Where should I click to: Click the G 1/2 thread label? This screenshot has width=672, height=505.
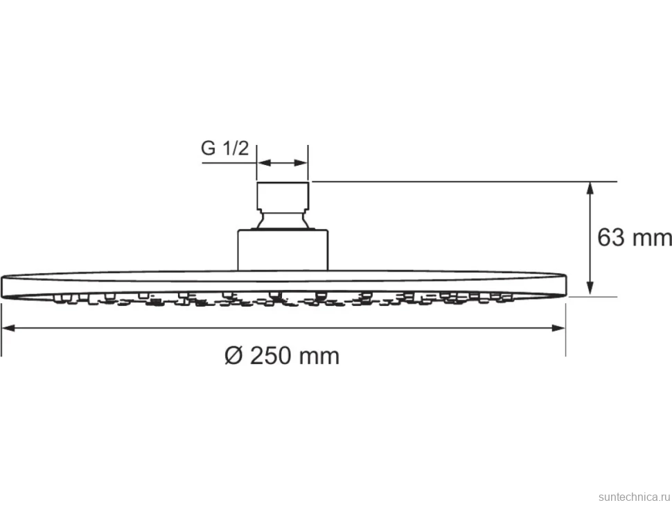(225, 148)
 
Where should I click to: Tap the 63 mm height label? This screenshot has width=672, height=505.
(635, 237)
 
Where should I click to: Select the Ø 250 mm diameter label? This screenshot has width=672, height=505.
(282, 356)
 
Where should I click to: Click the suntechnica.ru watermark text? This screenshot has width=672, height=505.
(634, 497)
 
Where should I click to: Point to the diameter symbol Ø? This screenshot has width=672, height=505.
(234, 356)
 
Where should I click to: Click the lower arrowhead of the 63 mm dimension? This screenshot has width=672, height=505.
(590, 289)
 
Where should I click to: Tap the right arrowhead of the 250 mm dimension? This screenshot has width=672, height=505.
(558, 328)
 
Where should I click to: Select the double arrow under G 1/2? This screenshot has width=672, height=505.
(283, 163)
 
